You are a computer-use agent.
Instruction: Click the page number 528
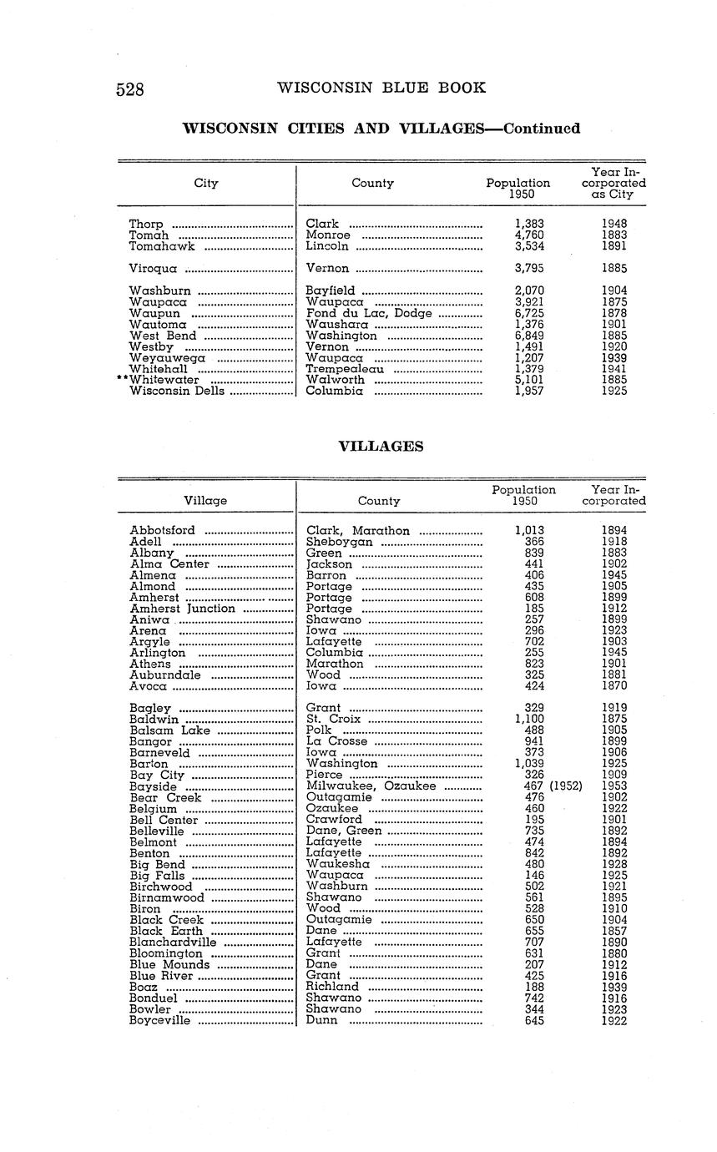pos(129,89)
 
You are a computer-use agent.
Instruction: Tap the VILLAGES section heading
pos(380,447)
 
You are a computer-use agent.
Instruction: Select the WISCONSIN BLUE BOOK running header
pos(381,88)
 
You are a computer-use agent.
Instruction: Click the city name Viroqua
pos(152,269)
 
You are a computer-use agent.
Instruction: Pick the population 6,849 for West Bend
pos(529,336)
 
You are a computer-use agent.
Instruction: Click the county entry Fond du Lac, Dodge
pos(369,313)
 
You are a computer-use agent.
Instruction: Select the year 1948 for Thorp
pos(613,224)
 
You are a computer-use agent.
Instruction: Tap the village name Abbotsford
pos(163,531)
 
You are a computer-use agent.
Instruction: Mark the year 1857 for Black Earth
pos(613,931)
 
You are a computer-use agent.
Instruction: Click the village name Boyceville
pos(160,1020)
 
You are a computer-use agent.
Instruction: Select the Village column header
pos(205,501)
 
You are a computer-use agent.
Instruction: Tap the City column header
pos(206,183)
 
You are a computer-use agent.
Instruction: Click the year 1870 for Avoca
pos(613,686)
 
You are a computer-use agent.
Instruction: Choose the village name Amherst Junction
pos(183,609)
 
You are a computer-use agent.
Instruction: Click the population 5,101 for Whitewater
pos(529,380)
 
